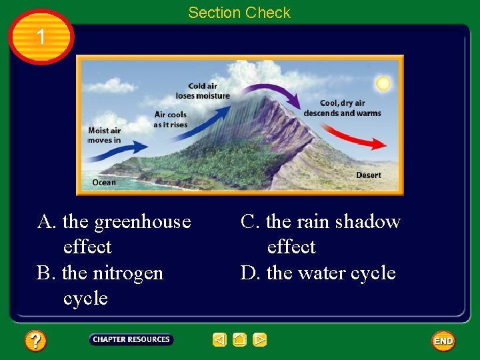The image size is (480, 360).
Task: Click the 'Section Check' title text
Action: (239, 13)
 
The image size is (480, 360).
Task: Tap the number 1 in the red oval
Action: (41, 37)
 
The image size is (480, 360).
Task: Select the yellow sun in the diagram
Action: (383, 83)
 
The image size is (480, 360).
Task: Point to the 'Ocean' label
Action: (103, 182)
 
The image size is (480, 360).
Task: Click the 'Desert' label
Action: (369, 175)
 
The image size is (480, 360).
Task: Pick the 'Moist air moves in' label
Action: (105, 135)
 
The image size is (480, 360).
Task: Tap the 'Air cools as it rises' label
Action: (170, 120)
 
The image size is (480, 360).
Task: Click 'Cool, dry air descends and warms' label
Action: (342, 108)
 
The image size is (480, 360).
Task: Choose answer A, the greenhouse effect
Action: (114, 234)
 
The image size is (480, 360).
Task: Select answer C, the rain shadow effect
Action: (320, 234)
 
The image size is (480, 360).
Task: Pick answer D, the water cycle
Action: (318, 273)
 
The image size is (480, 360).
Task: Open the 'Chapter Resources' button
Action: (131, 340)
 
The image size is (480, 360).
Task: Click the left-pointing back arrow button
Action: (219, 340)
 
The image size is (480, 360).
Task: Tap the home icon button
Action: (240, 340)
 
